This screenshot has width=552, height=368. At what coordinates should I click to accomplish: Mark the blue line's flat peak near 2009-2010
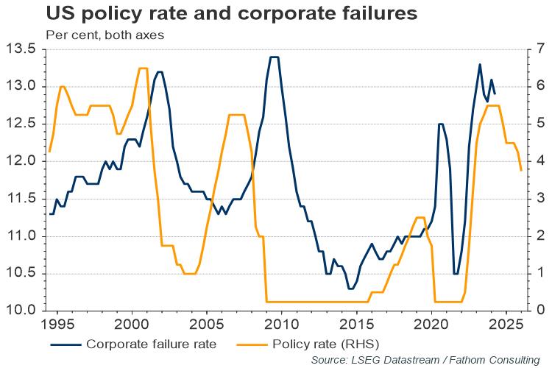click(274, 57)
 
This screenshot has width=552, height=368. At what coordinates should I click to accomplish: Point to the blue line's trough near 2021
click(456, 273)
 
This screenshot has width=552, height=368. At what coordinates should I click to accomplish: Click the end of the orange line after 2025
click(521, 171)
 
